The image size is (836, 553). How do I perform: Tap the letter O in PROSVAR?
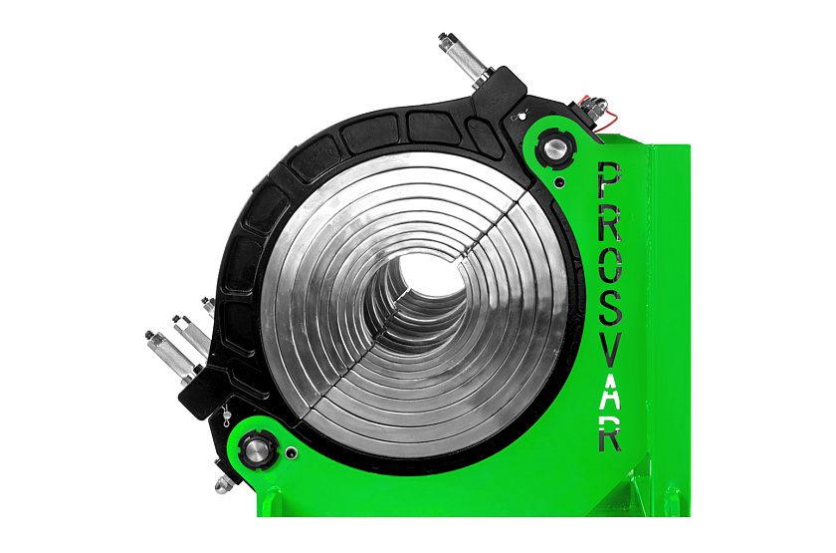tap(610, 266)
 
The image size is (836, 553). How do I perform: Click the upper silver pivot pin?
tap(555, 146)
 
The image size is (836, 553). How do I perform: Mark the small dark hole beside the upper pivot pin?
tap(558, 182)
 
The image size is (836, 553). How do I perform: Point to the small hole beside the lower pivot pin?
tap(291, 453)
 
